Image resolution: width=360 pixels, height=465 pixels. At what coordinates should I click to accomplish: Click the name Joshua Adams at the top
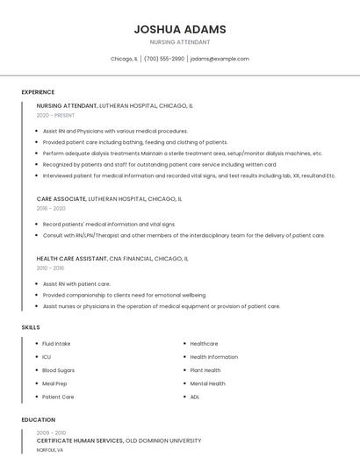coord(179,29)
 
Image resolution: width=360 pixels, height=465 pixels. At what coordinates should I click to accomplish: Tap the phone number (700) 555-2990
coord(164,59)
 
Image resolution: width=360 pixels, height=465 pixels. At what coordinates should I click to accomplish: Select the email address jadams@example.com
coord(220,59)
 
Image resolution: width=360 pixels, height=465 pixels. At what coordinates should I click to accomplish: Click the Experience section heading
coord(38,92)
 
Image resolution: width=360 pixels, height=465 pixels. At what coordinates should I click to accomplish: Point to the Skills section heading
coord(31,327)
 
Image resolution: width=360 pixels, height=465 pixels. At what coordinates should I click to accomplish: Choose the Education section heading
coord(39,419)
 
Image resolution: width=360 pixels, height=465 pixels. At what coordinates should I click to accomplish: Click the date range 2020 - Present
coord(55,115)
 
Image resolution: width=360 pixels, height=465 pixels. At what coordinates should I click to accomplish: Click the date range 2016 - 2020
coord(51,209)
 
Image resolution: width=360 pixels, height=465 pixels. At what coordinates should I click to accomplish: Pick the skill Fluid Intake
coord(56,344)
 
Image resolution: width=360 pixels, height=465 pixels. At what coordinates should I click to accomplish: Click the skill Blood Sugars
coord(58,370)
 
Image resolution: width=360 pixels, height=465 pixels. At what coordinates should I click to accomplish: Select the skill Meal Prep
coord(54,383)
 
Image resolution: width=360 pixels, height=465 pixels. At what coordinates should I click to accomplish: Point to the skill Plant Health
coord(205,370)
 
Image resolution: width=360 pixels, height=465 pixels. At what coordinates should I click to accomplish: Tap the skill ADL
coord(195,397)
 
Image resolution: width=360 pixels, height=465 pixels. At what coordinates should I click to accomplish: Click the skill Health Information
coord(213,357)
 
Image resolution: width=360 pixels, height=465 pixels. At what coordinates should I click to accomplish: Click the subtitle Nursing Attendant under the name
coord(179,42)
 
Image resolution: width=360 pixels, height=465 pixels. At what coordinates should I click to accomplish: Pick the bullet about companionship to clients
coord(124,296)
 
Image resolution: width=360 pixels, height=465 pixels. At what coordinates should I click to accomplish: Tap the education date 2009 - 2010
coord(51,433)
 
